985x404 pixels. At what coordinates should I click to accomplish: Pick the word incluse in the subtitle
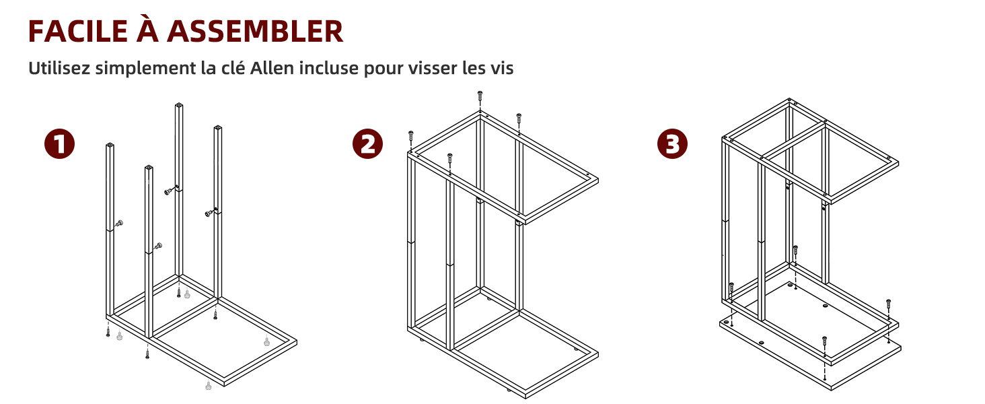point(332,68)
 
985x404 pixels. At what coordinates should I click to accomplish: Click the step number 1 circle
point(60,144)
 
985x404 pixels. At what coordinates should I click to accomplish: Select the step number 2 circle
point(368,144)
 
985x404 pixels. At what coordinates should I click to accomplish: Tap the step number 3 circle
point(673,144)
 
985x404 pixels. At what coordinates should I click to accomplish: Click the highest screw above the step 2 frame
point(480,96)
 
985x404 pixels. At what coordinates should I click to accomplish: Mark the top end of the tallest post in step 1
point(179,105)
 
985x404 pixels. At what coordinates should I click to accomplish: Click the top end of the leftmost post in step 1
point(110,145)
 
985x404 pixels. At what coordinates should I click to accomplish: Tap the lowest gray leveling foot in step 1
point(208,385)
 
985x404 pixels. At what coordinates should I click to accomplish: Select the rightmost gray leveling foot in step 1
point(268,341)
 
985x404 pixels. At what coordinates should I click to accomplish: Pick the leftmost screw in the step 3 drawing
point(731,288)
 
